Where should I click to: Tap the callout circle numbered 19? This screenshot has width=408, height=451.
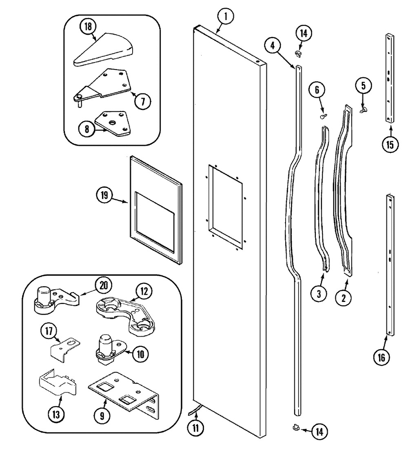pyautogui.click(x=104, y=195)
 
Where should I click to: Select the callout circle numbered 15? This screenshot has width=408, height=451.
pyautogui.click(x=390, y=144)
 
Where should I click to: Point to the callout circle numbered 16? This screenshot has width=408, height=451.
pyautogui.click(x=381, y=357)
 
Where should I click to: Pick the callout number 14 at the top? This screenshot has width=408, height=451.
pyautogui.click(x=304, y=33)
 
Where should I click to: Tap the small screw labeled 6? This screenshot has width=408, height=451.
pyautogui.click(x=324, y=116)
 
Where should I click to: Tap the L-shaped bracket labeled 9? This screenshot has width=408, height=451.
pyautogui.click(x=124, y=395)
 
